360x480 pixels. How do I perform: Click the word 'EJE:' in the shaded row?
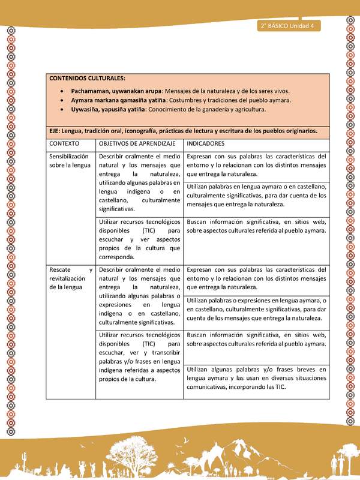coord(57,131)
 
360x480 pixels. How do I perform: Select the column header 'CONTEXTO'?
coord(65,145)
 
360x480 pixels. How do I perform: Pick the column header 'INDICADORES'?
coord(206,145)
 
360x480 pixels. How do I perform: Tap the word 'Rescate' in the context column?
coord(62,269)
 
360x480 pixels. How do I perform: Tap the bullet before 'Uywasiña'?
coord(63,110)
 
